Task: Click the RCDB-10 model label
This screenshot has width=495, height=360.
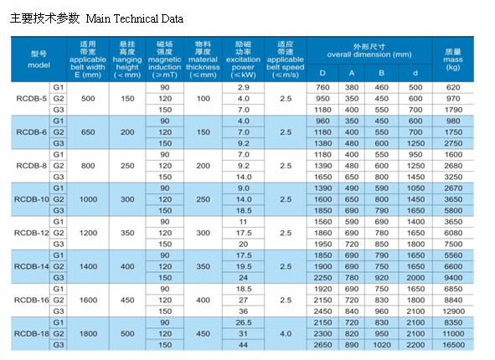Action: tap(32, 199)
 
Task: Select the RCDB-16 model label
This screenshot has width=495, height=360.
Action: tap(32, 300)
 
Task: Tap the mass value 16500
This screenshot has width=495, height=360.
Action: tap(453, 345)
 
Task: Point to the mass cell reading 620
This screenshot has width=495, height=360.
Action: tap(453, 87)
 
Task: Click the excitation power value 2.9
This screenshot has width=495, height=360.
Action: tap(244, 87)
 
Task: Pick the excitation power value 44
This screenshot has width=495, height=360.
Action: tap(243, 345)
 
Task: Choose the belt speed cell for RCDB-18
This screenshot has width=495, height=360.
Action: tap(286, 334)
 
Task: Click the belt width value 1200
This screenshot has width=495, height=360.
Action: tap(88, 234)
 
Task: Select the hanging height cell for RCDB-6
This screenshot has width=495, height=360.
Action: tap(127, 132)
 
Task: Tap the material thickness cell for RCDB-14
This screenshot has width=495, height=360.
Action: tap(203, 266)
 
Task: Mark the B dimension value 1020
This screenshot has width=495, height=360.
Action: tap(382, 345)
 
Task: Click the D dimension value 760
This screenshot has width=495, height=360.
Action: tap(322, 87)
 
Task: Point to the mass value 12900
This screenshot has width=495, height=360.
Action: tap(453, 311)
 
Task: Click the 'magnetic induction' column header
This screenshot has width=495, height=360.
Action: tap(165, 59)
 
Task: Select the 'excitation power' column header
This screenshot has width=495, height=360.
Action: tap(243, 59)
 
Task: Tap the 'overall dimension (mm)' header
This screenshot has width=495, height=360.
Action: tap(369, 54)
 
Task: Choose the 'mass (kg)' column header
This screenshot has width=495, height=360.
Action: tap(453, 59)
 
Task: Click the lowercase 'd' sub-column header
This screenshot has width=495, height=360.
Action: tap(415, 73)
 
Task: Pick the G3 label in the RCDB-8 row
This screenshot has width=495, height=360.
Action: tap(59, 177)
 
